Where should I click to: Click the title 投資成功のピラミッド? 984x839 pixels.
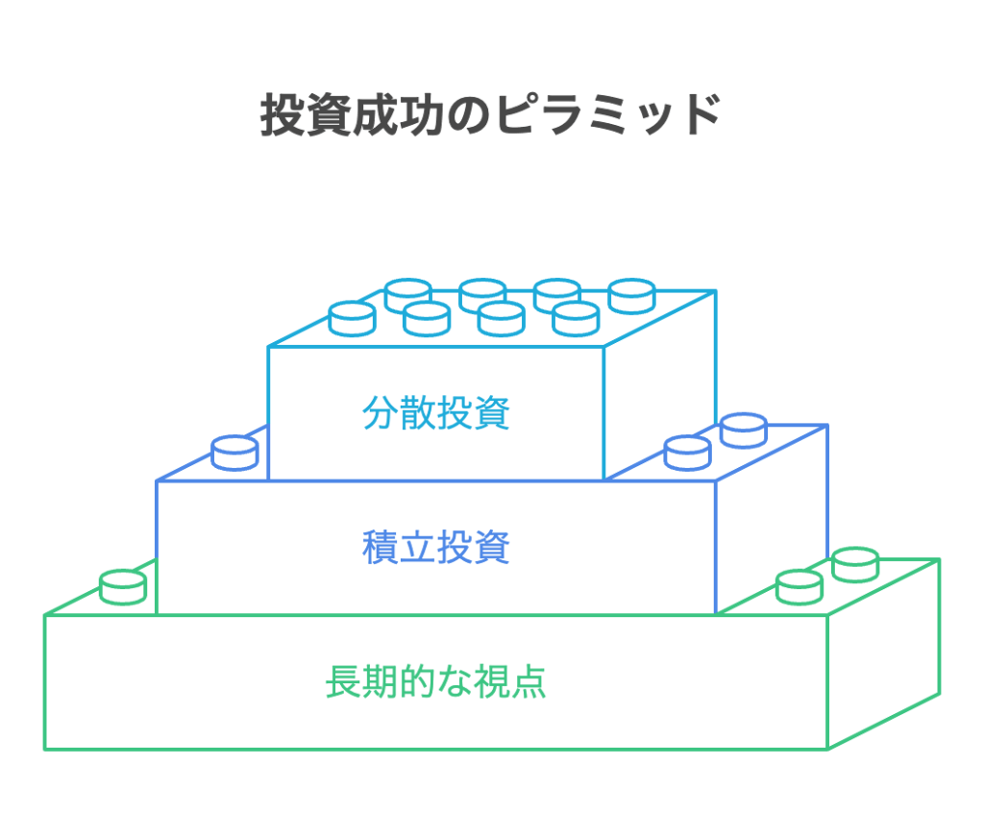click(x=491, y=117)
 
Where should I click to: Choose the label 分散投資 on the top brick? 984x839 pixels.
click(x=436, y=413)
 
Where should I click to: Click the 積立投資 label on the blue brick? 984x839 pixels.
click(x=436, y=548)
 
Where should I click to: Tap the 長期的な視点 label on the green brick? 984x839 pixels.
click(x=436, y=682)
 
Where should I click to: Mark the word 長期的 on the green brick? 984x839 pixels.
click(x=380, y=682)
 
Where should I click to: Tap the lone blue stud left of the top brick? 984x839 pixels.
click(x=234, y=452)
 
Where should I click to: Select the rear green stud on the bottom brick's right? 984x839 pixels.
click(x=855, y=563)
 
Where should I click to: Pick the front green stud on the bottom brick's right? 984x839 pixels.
click(x=799, y=586)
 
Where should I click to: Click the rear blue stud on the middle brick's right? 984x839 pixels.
click(x=743, y=429)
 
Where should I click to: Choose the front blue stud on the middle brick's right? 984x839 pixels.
click(x=688, y=452)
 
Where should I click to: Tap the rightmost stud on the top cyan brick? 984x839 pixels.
click(x=632, y=294)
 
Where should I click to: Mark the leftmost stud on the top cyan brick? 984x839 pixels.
click(x=352, y=317)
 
